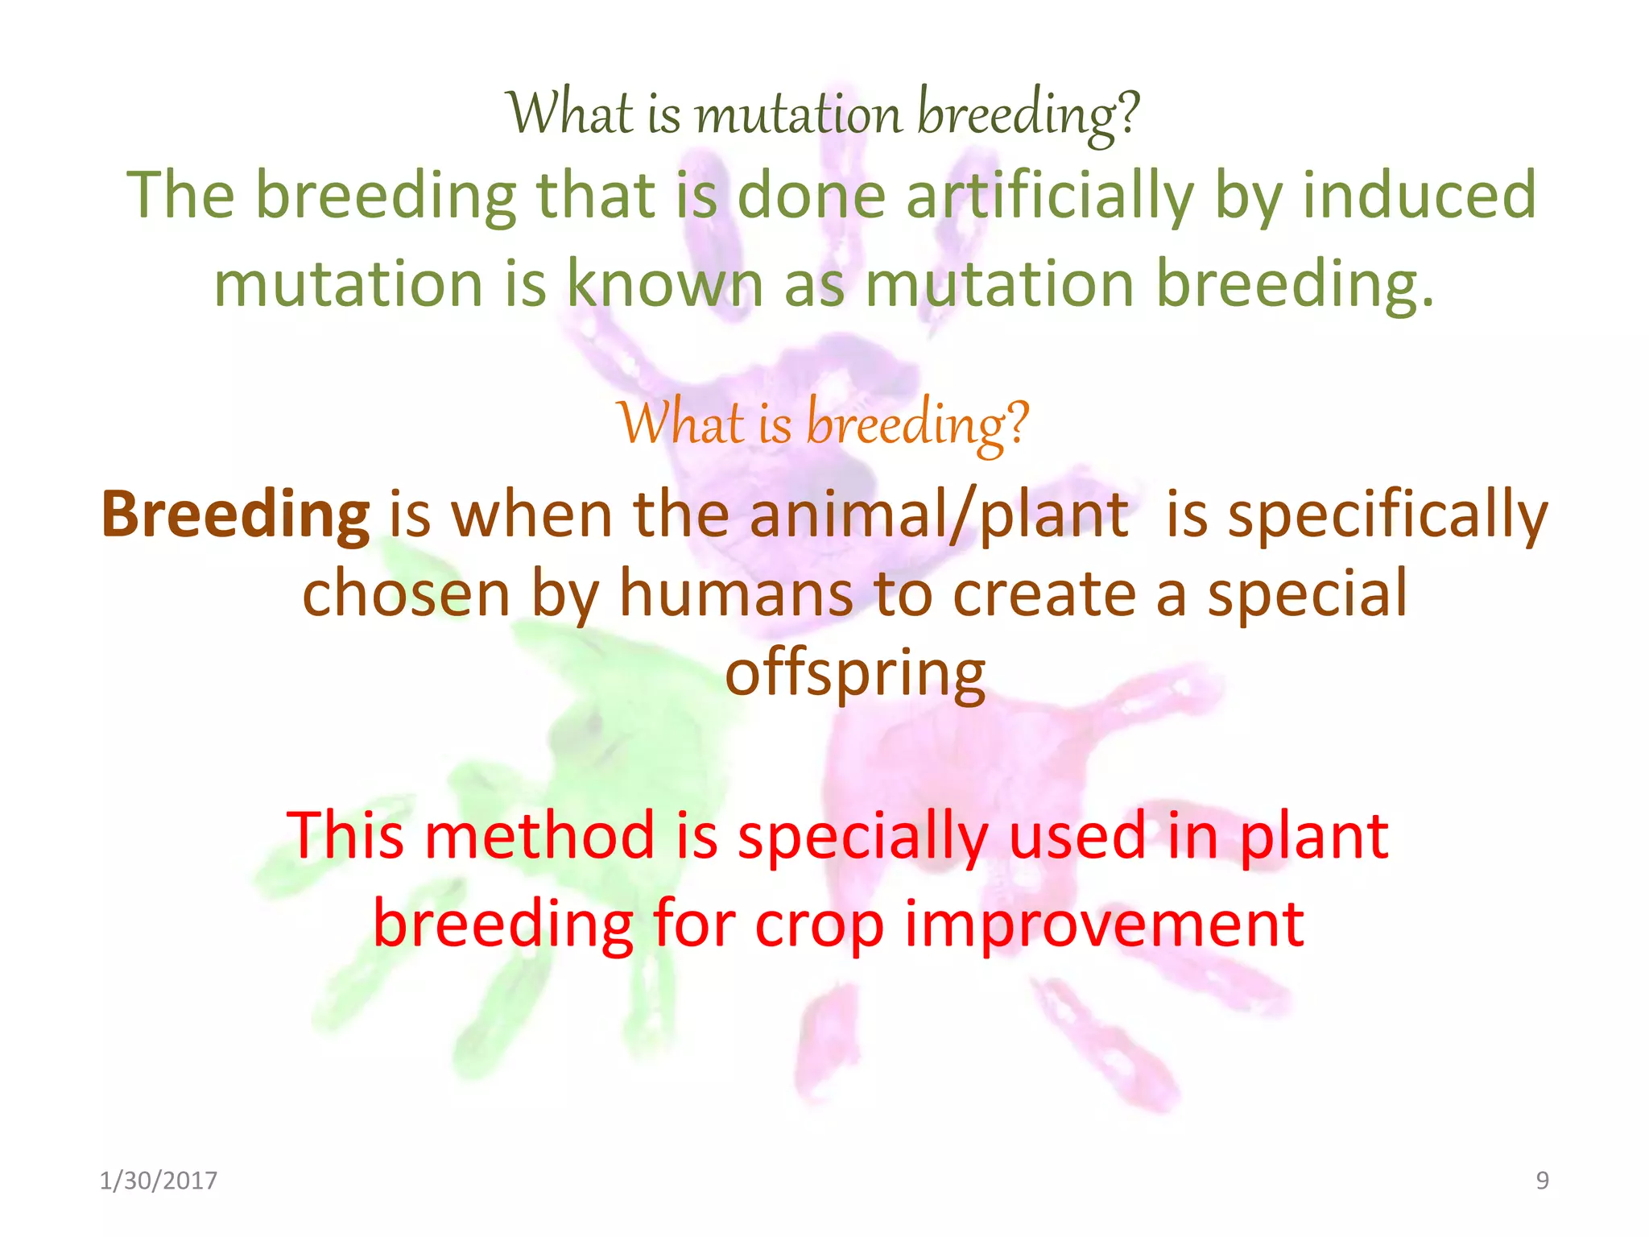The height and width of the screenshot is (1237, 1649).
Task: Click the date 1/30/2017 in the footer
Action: point(159,1181)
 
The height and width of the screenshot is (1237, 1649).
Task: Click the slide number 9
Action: point(1542,1181)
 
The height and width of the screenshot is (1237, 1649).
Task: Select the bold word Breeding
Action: point(235,515)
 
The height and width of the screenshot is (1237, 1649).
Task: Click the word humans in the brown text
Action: point(736,594)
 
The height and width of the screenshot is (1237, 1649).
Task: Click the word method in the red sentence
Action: point(539,836)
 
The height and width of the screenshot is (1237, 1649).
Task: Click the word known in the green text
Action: point(665,283)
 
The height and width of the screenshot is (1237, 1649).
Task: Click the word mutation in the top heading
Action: point(797,114)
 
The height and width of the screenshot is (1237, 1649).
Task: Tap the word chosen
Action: point(406,594)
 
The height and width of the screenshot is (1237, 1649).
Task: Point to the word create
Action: point(1044,594)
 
